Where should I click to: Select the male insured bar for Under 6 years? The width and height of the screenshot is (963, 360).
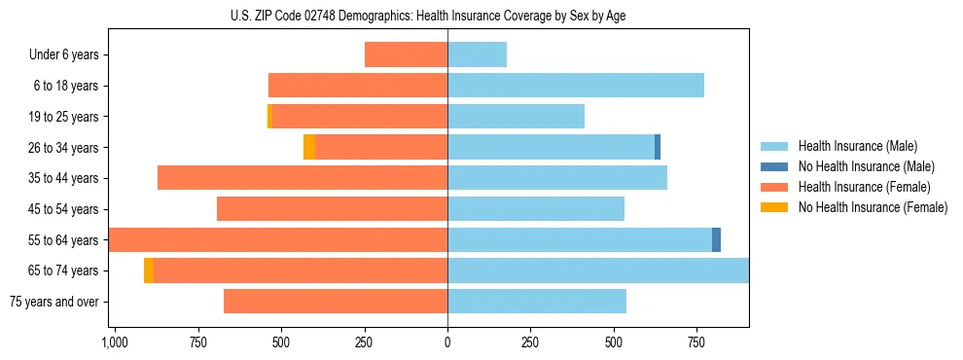coord(477,54)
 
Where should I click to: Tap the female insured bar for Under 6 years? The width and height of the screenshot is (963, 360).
coord(406,54)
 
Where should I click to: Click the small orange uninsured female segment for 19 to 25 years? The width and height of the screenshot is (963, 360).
coord(269,117)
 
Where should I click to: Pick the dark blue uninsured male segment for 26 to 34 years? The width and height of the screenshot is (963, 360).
coord(658,147)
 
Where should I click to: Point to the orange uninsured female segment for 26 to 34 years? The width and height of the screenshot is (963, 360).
coord(309,147)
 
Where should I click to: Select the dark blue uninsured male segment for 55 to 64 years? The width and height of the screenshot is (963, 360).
coord(716,239)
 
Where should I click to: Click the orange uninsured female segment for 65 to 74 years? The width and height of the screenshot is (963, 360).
coord(149,270)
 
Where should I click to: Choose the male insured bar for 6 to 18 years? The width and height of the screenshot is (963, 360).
coord(576,86)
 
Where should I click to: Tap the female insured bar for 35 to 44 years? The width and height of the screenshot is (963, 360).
coord(303,178)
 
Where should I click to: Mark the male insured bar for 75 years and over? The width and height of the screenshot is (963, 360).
coord(537,302)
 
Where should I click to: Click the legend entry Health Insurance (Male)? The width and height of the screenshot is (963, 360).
coord(857,146)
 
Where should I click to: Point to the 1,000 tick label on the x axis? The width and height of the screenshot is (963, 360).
coord(115,342)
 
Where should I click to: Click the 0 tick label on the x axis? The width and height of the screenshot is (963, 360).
coord(447,342)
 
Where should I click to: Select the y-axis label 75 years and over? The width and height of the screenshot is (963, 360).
coord(54,302)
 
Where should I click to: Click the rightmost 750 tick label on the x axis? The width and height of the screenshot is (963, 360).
coord(696,342)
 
